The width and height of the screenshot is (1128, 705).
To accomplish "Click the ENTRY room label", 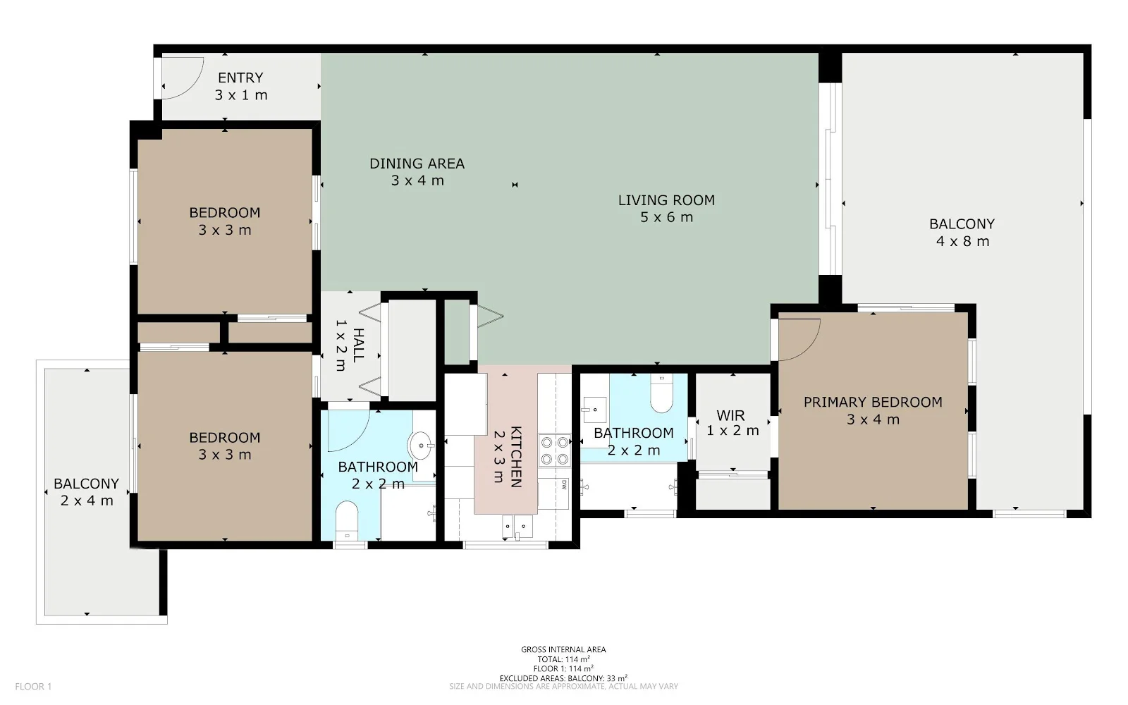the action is (x=240, y=78).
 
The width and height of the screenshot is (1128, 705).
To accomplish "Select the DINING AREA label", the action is (x=417, y=164).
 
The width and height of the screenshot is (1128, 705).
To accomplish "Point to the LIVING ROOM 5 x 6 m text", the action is (x=666, y=209).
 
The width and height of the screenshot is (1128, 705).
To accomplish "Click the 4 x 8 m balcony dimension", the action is (x=962, y=241).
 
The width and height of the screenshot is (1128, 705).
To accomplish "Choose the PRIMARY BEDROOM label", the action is (x=873, y=403).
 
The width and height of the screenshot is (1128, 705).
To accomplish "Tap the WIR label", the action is (x=730, y=415).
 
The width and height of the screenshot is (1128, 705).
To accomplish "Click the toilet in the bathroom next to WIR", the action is (x=661, y=393).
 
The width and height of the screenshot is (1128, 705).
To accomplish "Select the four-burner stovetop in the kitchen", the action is (x=554, y=450).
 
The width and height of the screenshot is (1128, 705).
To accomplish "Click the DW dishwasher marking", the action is (x=564, y=485).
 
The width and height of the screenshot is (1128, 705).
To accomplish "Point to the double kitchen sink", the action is (x=517, y=527).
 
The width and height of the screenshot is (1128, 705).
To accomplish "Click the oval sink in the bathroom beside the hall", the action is (x=421, y=446).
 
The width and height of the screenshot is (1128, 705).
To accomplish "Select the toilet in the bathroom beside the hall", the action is (x=346, y=520).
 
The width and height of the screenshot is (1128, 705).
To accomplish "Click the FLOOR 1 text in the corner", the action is (x=33, y=687).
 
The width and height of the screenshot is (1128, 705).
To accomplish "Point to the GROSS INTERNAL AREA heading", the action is (x=563, y=649).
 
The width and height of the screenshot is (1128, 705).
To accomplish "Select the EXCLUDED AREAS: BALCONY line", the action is (x=563, y=678).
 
